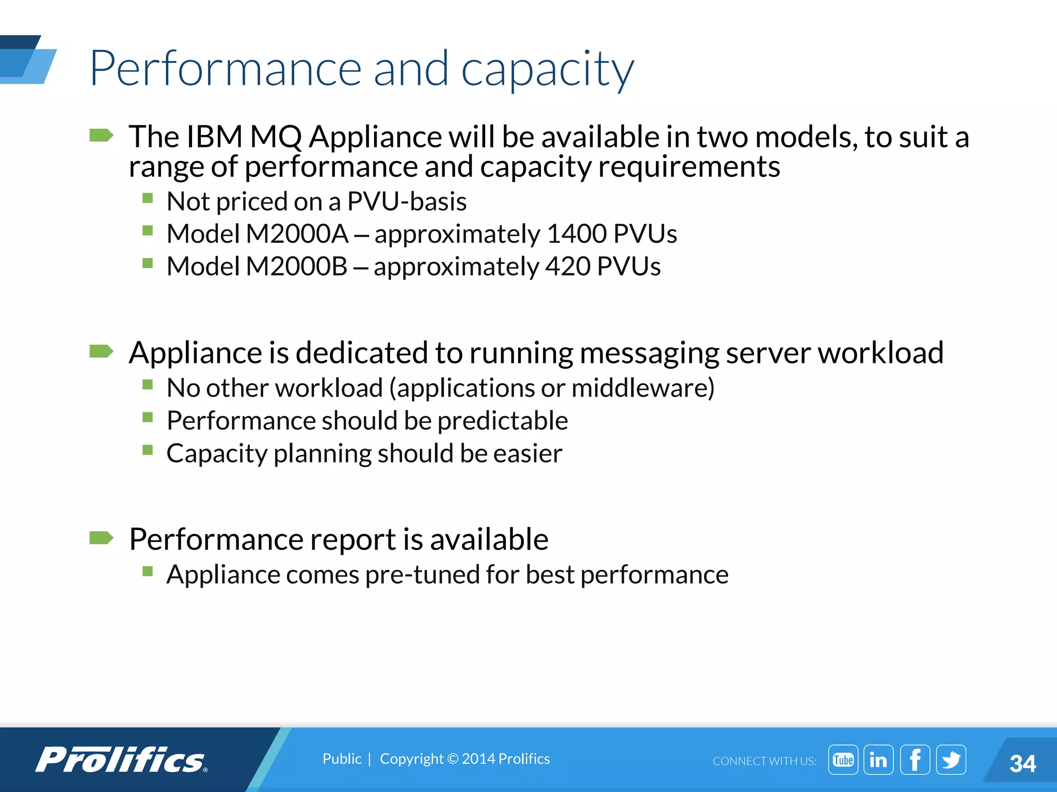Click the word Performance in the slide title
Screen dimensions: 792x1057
226,69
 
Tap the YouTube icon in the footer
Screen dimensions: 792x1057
843,760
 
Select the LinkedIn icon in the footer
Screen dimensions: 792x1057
878,760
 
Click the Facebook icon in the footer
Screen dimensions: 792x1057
915,760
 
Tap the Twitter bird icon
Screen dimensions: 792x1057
951,760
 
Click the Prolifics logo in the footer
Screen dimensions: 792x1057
122,760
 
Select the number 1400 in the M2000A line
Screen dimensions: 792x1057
576,234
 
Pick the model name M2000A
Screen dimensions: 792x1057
297,234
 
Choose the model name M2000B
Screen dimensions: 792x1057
296,267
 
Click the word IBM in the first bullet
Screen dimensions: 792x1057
214,137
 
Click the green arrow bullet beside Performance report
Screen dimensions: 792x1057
101,538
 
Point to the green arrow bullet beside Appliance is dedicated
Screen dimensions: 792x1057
101,352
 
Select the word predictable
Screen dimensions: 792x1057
503,421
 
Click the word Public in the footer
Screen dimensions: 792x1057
342,759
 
